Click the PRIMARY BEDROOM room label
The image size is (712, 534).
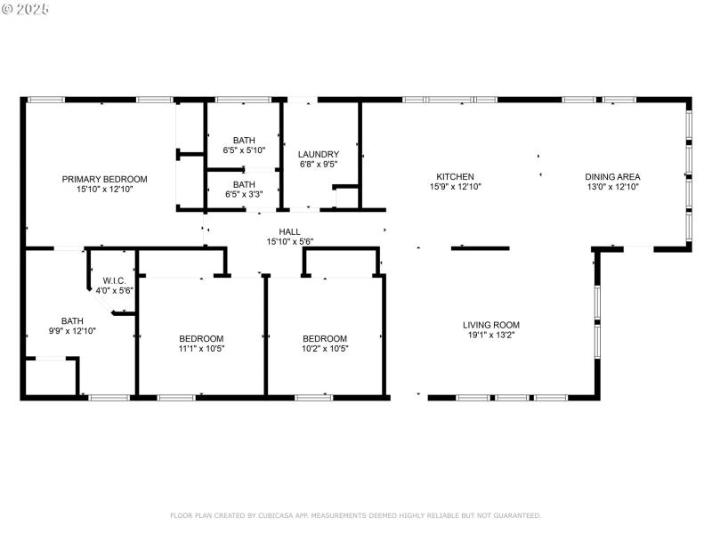(x=104, y=179)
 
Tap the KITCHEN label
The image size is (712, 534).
(x=454, y=176)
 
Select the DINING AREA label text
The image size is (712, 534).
(x=612, y=176)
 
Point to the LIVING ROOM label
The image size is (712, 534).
(x=490, y=325)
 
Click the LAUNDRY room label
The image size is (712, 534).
(x=318, y=154)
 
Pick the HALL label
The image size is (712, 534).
(x=289, y=231)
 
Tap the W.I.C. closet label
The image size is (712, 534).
(x=114, y=280)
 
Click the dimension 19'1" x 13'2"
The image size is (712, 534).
(x=490, y=336)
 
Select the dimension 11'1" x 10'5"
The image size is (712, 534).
(x=201, y=349)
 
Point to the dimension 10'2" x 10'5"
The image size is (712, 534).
(x=325, y=349)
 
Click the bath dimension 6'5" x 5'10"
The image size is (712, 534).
(x=243, y=150)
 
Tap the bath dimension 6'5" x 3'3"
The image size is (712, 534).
(x=243, y=194)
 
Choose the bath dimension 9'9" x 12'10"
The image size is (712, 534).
(x=72, y=331)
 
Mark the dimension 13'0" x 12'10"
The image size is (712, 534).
(x=612, y=187)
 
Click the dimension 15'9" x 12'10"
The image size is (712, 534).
(x=454, y=187)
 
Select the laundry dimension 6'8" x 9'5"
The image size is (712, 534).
(x=318, y=165)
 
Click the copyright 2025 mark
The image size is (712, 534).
(x=26, y=8)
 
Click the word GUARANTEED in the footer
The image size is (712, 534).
(x=514, y=515)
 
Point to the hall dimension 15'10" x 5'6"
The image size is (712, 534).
(x=289, y=241)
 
